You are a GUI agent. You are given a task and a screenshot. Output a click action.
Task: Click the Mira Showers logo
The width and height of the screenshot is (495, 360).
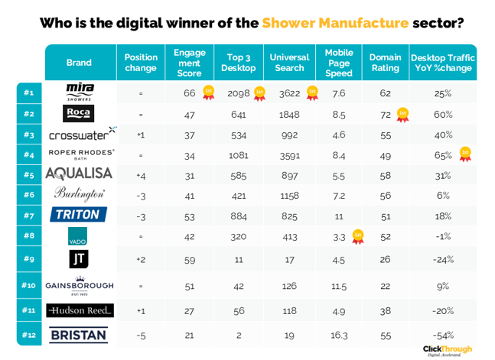[x=80, y=92]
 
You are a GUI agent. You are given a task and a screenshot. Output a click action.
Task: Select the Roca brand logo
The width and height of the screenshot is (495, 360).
[x=78, y=113]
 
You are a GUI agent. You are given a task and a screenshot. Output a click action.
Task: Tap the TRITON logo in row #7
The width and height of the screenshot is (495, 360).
[x=78, y=215]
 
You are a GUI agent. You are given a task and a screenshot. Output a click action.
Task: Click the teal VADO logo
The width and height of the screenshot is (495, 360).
[x=78, y=236]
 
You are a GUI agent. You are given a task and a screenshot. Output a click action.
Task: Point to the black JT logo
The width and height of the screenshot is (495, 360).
[x=79, y=259]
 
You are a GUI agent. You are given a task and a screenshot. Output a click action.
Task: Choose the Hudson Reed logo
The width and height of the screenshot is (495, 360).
[x=80, y=310]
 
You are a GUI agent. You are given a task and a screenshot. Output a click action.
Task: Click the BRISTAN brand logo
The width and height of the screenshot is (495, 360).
[x=79, y=335]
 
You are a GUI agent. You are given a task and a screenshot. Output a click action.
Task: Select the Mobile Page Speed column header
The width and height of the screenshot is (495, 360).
[x=339, y=63]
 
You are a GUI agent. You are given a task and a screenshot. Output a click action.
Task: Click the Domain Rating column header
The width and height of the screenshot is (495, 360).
[x=385, y=63]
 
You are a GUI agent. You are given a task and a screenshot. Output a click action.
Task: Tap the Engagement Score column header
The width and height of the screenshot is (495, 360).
[x=190, y=63]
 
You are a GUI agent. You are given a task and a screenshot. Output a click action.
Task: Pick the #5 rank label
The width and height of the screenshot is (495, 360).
[x=29, y=175]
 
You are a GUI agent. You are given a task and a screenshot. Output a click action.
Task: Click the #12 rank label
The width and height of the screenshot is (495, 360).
[x=29, y=335]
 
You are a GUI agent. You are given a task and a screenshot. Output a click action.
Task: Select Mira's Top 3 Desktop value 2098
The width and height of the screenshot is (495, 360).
[x=239, y=93]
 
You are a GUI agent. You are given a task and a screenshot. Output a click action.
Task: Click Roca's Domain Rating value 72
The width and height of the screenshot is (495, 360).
[x=386, y=115]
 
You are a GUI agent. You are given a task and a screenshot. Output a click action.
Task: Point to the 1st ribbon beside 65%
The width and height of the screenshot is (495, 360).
[x=465, y=154]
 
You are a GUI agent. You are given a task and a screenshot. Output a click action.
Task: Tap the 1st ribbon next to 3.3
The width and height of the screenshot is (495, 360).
[x=358, y=237]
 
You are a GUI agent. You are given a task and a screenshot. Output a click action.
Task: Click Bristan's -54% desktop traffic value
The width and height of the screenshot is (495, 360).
[x=443, y=336]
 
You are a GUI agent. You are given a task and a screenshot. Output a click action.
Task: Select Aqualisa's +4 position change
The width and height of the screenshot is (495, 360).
[x=141, y=176]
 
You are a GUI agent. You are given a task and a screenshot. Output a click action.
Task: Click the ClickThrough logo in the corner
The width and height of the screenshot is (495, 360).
[x=448, y=351]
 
